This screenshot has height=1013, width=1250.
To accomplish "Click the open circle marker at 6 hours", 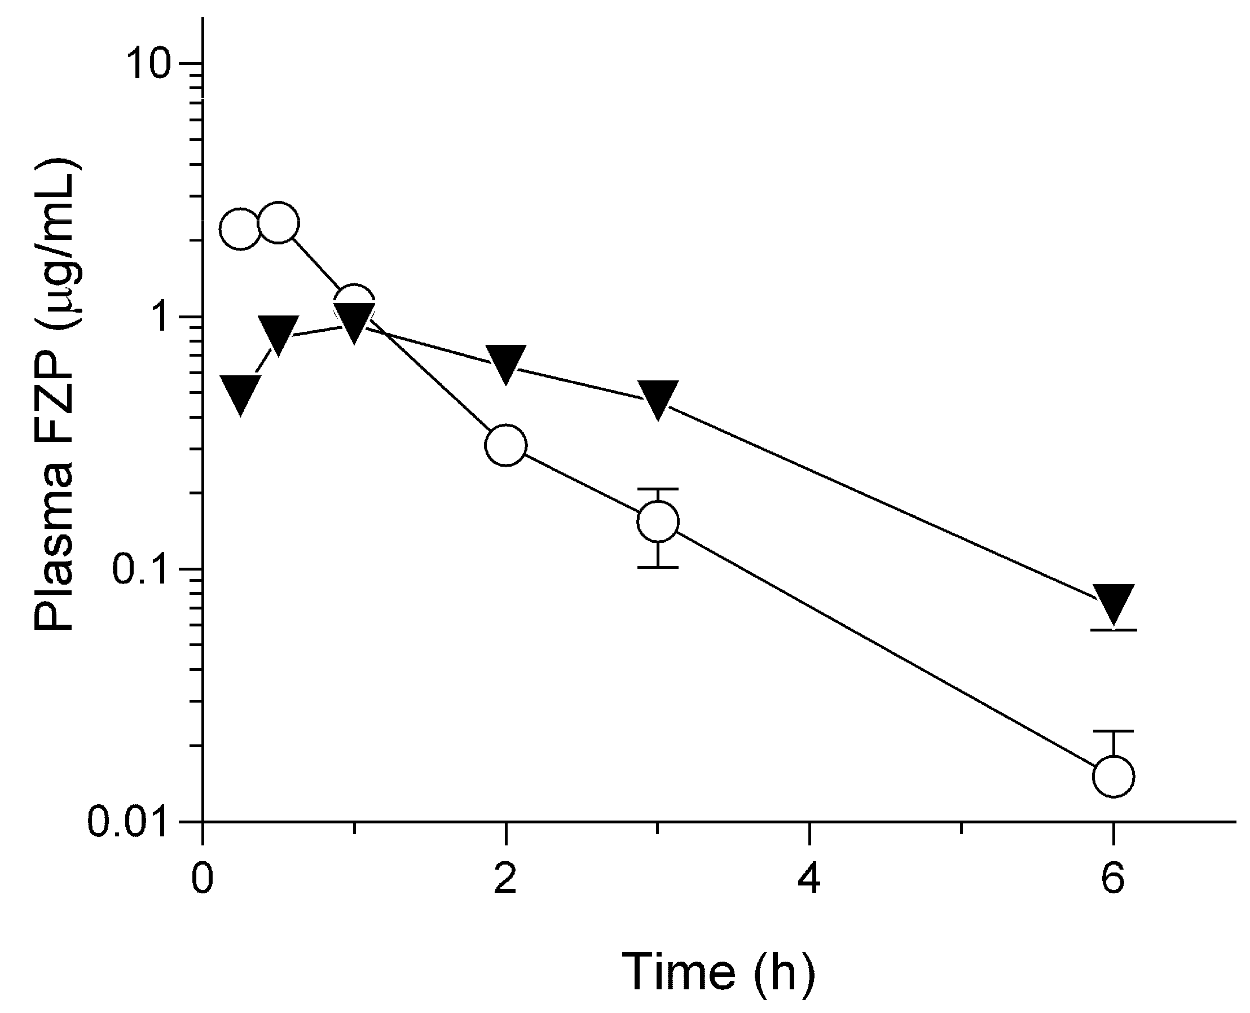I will point(1113,776).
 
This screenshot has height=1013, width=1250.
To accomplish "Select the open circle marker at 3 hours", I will point(658,521).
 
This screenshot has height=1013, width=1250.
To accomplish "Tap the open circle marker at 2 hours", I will point(506,445).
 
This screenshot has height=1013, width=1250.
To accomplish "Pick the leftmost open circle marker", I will point(240,229).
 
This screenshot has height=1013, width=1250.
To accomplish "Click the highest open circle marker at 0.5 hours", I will point(279,223).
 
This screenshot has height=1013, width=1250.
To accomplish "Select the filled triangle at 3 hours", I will point(658,398).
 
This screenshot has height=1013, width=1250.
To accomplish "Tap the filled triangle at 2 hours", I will point(506,362).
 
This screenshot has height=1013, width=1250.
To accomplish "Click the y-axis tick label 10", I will point(149,64).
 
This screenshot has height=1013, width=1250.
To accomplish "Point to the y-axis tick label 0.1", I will point(140,569).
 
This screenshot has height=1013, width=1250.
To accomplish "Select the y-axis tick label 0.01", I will point(130,822).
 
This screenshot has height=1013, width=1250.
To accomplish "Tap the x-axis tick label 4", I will point(809,879).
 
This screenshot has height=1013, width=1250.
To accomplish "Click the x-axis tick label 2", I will point(506,879).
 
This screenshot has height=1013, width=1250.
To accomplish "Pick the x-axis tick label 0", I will point(203,879).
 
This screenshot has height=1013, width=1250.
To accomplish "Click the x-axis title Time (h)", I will point(718,972).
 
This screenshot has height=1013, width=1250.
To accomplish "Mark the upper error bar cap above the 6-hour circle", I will point(1113,731).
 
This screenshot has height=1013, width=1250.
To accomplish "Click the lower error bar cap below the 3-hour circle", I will point(658,567).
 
